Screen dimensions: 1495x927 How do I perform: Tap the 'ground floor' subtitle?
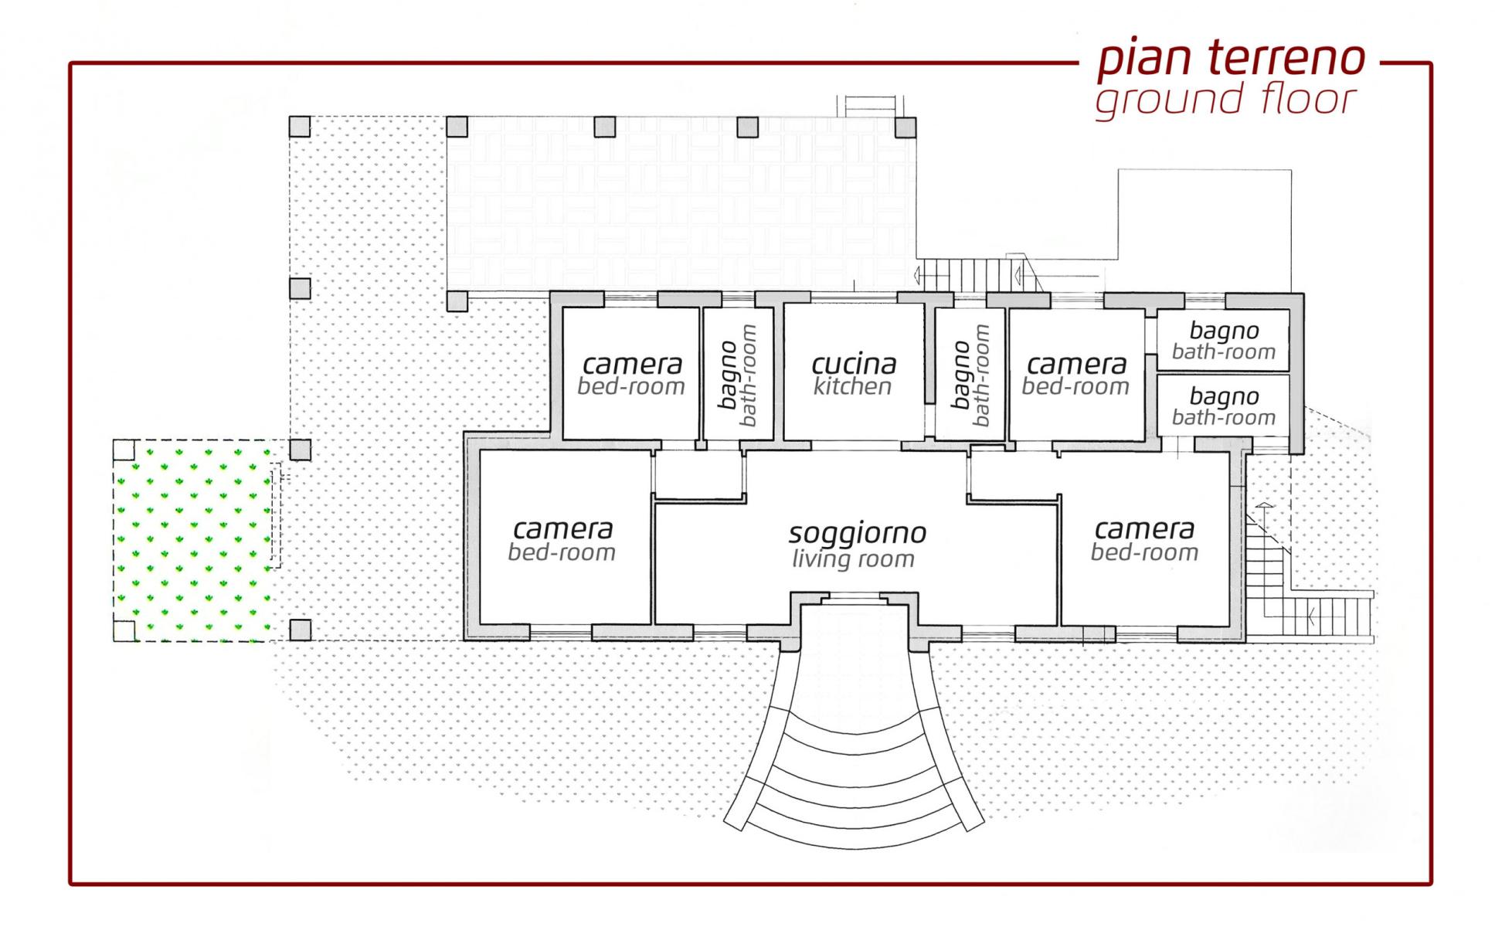click(x=1226, y=100)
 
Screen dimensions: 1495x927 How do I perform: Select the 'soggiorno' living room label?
click(x=858, y=532)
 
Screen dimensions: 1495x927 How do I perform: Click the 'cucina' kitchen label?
click(x=854, y=364)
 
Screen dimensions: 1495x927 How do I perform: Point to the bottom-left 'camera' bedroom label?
click(x=563, y=529)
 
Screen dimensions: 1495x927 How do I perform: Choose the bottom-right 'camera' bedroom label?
click(x=1145, y=529)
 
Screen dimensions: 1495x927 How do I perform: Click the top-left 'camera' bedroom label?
click(x=633, y=364)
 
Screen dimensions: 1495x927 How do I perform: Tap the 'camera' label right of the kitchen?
click(x=1077, y=364)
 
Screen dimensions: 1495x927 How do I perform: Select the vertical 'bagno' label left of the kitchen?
click(x=728, y=375)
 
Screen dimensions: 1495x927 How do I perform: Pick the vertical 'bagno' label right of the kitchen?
click(x=960, y=375)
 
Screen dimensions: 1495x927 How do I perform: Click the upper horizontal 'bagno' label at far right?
click(x=1224, y=331)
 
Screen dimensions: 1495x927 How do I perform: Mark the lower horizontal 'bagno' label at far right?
click(x=1224, y=397)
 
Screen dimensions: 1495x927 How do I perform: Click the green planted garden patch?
click(x=193, y=540)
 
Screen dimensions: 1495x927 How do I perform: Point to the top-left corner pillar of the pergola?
click(x=300, y=127)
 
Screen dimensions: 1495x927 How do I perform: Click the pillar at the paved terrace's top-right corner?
click(x=905, y=127)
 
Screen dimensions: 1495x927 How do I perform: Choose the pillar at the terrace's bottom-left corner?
click(x=457, y=300)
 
